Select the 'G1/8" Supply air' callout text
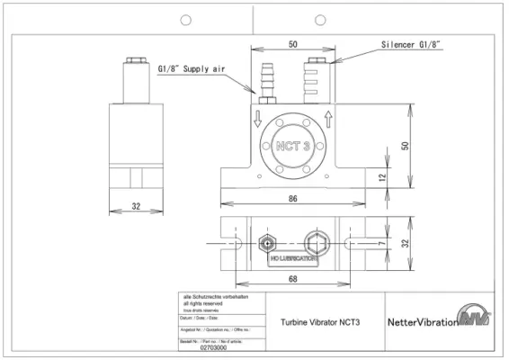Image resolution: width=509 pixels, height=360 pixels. [194, 67]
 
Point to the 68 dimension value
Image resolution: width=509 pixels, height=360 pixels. [294, 280]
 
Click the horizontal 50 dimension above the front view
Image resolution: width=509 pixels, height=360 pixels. [294, 42]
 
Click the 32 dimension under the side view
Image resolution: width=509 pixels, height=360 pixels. [136, 206]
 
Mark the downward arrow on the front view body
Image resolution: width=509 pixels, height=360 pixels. [257, 118]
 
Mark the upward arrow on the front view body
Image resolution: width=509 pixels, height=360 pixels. [330, 118]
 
